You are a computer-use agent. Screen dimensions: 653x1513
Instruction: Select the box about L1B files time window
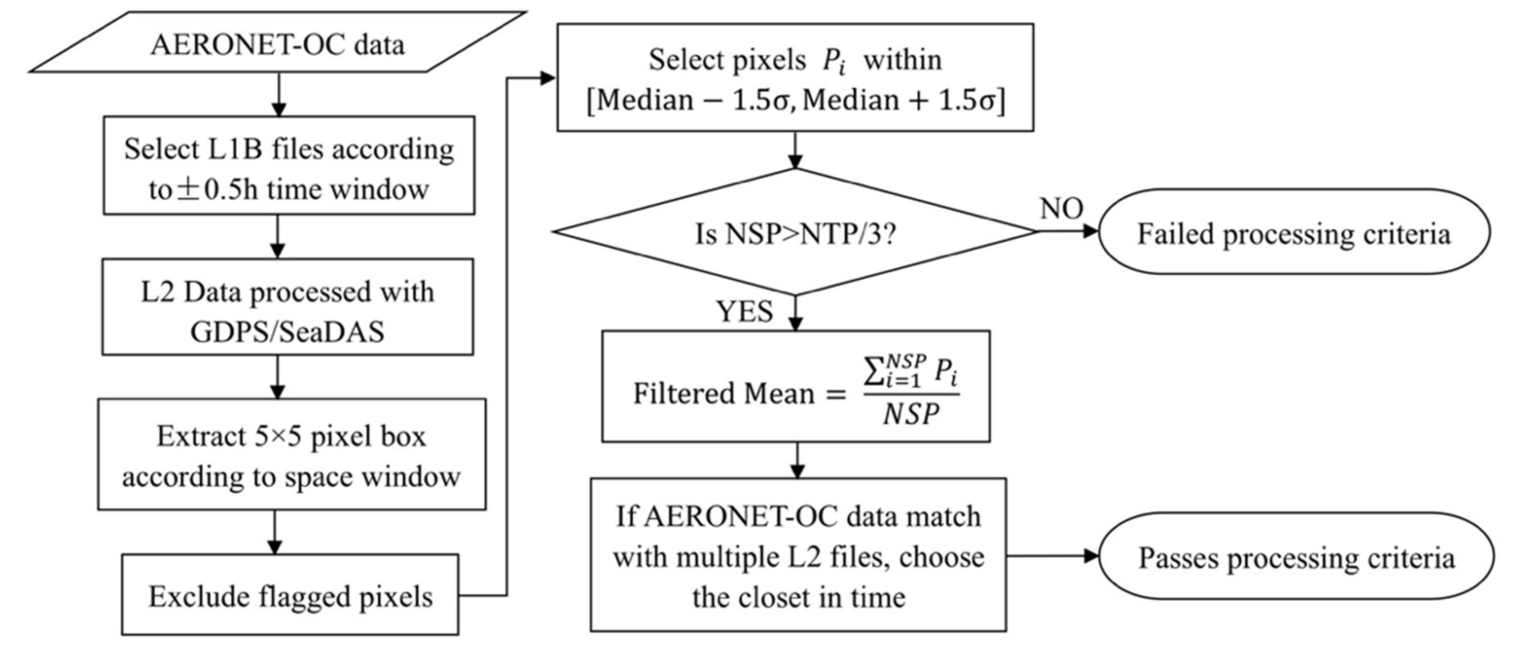coord(289,166)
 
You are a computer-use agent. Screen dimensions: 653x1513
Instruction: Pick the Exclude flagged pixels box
coord(290,595)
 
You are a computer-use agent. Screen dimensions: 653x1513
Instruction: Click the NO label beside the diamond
coord(1061,208)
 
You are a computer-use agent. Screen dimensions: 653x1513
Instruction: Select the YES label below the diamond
coord(744,311)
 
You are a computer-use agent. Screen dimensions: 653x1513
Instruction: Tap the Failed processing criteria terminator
coord(1294,233)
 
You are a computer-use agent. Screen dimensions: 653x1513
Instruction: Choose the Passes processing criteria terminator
coord(1296,556)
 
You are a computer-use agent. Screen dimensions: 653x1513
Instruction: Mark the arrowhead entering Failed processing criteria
coord(1090,231)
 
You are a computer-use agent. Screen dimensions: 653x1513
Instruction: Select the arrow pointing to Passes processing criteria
coord(1051,555)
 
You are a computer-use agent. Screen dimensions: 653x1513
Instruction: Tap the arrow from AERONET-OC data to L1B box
coord(279,94)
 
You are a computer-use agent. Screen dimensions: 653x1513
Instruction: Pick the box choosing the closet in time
coord(797,555)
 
